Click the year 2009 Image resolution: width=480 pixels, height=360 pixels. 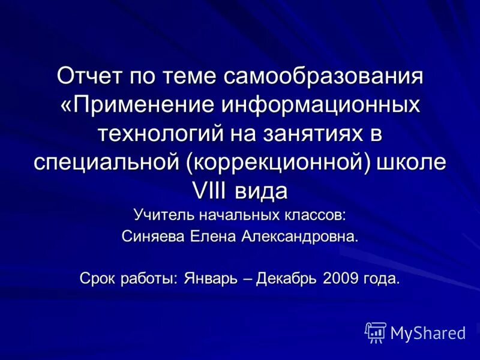(x=340, y=279)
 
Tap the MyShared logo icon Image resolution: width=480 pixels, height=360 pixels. (x=376, y=332)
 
